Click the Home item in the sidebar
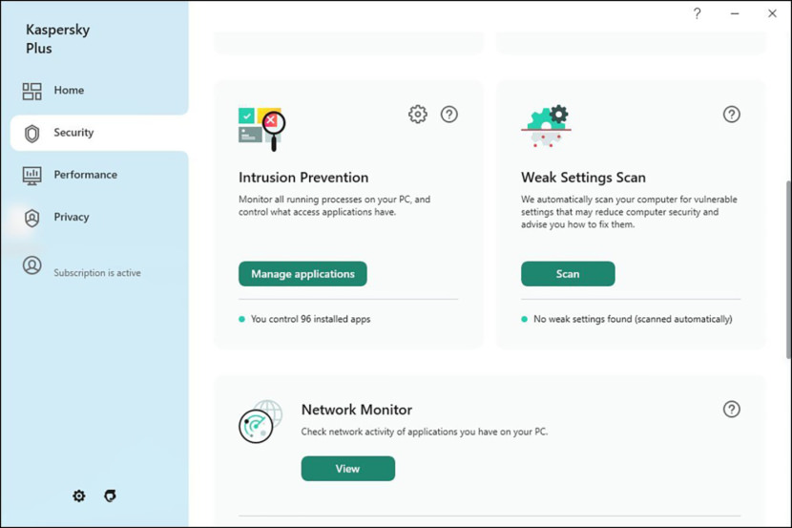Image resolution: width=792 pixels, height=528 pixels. [68, 91]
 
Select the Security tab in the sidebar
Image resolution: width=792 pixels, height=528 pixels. [73, 133]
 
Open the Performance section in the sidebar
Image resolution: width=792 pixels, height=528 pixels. [85, 175]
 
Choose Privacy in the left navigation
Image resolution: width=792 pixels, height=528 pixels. [71, 217]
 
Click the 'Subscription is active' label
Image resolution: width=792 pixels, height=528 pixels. [96, 273]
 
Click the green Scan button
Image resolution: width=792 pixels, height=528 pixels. [568, 274]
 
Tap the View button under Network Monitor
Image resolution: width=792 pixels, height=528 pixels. [347, 469]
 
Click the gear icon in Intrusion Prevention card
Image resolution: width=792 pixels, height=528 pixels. [417, 115]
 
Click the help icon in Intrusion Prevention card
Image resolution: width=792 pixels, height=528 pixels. [449, 115]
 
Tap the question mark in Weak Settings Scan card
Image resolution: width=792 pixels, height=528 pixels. [732, 115]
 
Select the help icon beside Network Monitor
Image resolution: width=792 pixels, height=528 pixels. [732, 410]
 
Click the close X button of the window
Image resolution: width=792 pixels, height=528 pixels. [772, 13]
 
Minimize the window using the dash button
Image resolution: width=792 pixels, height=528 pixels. [735, 13]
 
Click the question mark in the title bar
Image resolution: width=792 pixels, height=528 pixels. [698, 13]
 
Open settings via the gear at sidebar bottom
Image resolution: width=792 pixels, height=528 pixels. [79, 496]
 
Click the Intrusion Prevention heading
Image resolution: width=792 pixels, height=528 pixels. [303, 178]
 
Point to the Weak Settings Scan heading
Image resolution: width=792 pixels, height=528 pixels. [583, 178]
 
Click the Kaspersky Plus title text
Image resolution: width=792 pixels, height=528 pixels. [57, 39]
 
